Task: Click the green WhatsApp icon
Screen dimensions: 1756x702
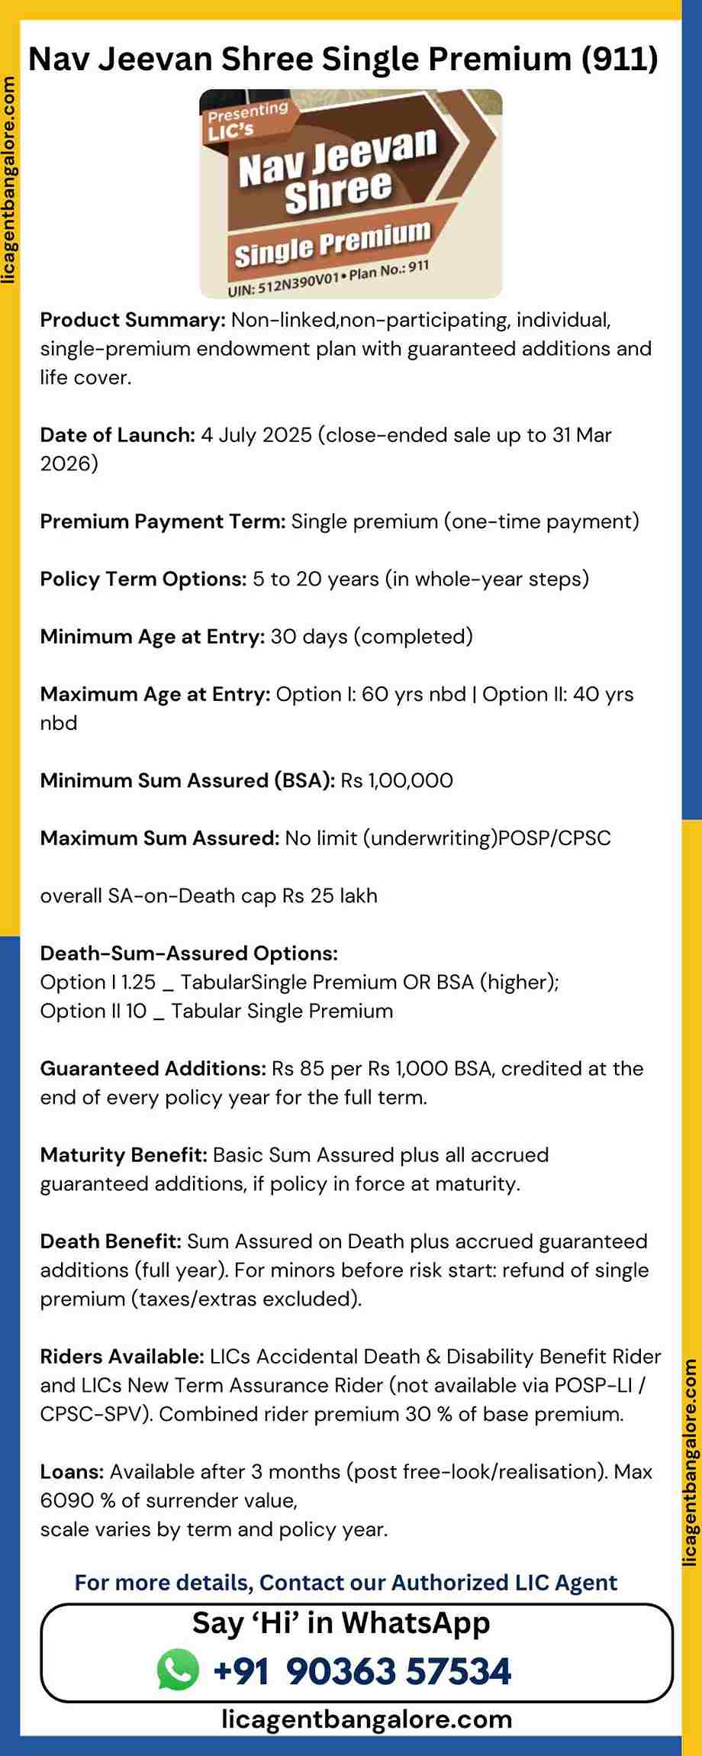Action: (x=178, y=1670)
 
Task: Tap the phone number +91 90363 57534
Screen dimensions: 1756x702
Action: (x=362, y=1670)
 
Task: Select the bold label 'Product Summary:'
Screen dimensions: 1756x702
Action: (x=132, y=320)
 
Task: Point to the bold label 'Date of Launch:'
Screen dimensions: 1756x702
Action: (x=118, y=435)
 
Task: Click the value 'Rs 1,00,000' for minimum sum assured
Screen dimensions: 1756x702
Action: (x=397, y=780)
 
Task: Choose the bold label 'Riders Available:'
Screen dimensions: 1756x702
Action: (x=122, y=1356)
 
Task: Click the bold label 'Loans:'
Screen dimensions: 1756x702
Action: (x=72, y=1471)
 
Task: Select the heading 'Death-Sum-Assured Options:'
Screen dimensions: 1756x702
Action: (x=188, y=953)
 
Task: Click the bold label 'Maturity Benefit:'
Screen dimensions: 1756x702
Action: (x=124, y=1154)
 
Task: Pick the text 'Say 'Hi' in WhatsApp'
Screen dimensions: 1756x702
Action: (x=341, y=1622)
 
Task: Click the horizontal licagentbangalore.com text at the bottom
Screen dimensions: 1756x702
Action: (x=366, y=1719)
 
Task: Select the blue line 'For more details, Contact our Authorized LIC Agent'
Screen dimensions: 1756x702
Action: (x=346, y=1582)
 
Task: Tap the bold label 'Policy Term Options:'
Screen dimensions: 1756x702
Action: (x=143, y=579)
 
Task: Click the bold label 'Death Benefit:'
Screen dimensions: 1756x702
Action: (x=111, y=1241)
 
